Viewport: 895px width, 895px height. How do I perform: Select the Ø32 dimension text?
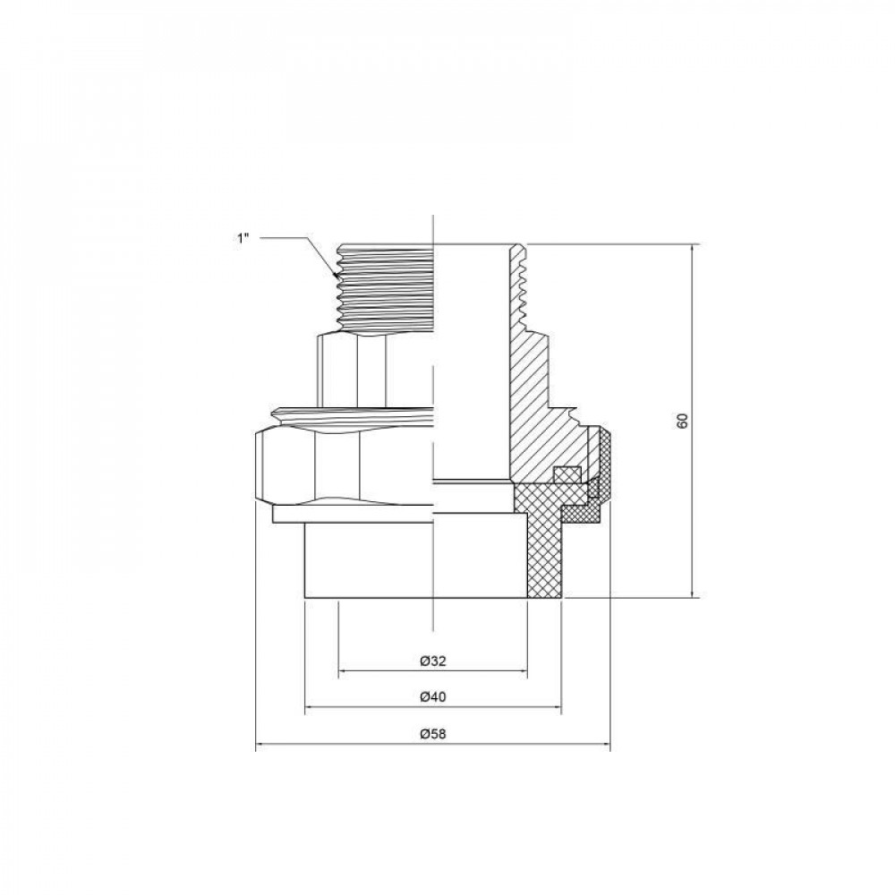tap(432, 661)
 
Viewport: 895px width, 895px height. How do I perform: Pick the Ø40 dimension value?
tap(432, 697)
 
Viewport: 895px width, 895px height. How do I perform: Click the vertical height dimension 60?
tap(682, 421)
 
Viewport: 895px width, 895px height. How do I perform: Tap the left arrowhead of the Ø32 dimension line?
tap(343, 671)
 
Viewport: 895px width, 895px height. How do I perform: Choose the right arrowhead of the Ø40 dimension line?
tap(557, 707)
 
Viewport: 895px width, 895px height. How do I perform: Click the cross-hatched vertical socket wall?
tap(542, 555)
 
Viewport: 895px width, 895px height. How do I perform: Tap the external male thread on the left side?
tap(385, 286)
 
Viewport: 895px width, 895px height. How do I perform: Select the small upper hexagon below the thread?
tap(376, 367)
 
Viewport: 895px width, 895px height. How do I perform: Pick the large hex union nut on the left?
tap(340, 465)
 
